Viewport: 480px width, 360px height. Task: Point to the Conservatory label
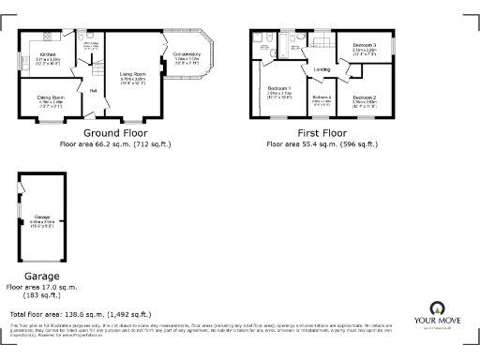186,54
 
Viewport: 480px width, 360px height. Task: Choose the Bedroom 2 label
364,97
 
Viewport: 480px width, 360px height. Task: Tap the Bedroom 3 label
364,45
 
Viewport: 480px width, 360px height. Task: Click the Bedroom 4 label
322,97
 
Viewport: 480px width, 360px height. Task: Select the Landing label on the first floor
321,69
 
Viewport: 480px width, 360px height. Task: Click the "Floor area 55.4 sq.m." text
322,144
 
